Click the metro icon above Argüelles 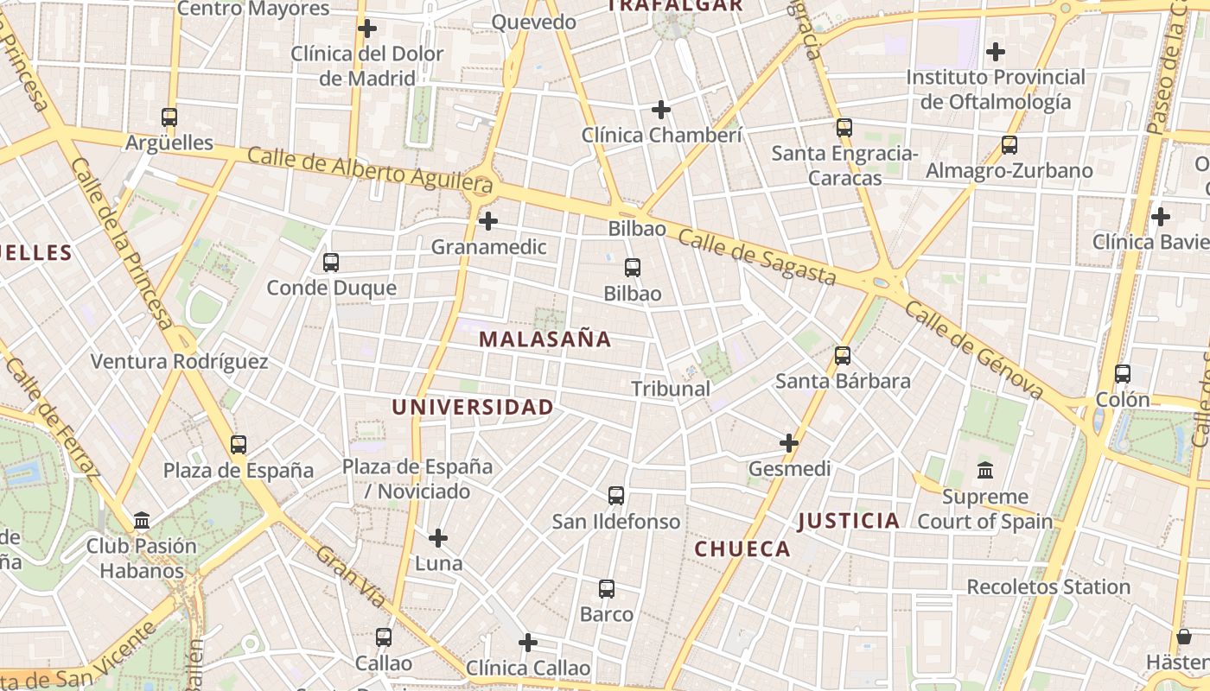click(169, 117)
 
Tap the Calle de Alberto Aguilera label click(370, 170)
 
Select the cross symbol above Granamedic click(488, 221)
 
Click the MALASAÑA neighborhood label click(545, 339)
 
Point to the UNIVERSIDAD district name click(473, 408)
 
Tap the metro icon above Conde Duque click(331, 263)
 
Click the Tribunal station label click(671, 389)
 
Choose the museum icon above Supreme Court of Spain click(985, 471)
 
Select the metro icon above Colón click(1123, 374)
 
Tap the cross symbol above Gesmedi click(789, 443)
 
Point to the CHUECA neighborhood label click(742, 549)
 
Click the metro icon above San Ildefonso click(616, 496)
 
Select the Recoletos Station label click(1048, 587)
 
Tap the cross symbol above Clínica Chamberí click(661, 110)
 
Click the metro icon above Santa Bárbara click(843, 356)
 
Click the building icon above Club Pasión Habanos click(142, 521)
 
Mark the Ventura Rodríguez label click(180, 362)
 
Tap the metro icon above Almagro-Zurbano click(1009, 145)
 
